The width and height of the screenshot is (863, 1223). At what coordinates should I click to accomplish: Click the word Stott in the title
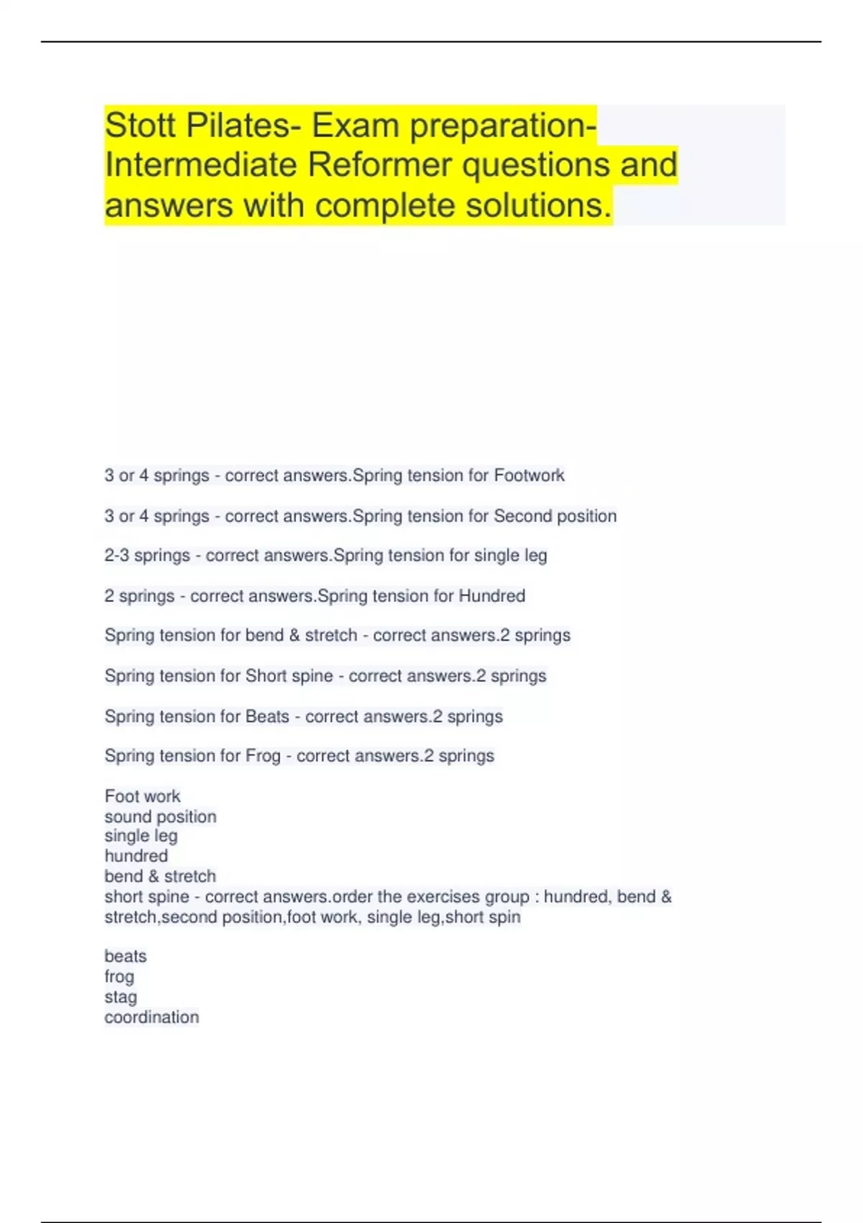pyautogui.click(x=141, y=125)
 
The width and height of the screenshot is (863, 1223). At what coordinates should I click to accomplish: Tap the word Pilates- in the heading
pyautogui.click(x=244, y=125)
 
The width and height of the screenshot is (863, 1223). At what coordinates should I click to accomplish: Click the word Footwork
pyautogui.click(x=529, y=476)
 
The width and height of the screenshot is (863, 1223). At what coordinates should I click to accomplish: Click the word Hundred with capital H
pyautogui.click(x=492, y=596)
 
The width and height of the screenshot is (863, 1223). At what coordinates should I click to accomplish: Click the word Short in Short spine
pyautogui.click(x=266, y=676)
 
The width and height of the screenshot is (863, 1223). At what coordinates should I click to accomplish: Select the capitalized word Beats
pyautogui.click(x=267, y=717)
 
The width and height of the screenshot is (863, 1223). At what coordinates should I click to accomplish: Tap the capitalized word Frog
pyautogui.click(x=263, y=756)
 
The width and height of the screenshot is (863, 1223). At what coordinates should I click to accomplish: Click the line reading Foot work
pyautogui.click(x=142, y=796)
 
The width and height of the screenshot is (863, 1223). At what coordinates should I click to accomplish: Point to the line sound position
pyautogui.click(x=160, y=817)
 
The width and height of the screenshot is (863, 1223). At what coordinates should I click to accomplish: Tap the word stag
pyautogui.click(x=120, y=997)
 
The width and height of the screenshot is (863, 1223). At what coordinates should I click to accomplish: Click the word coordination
pyautogui.click(x=152, y=1017)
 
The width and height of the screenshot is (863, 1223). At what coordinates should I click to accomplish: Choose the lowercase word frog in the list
pyautogui.click(x=119, y=977)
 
